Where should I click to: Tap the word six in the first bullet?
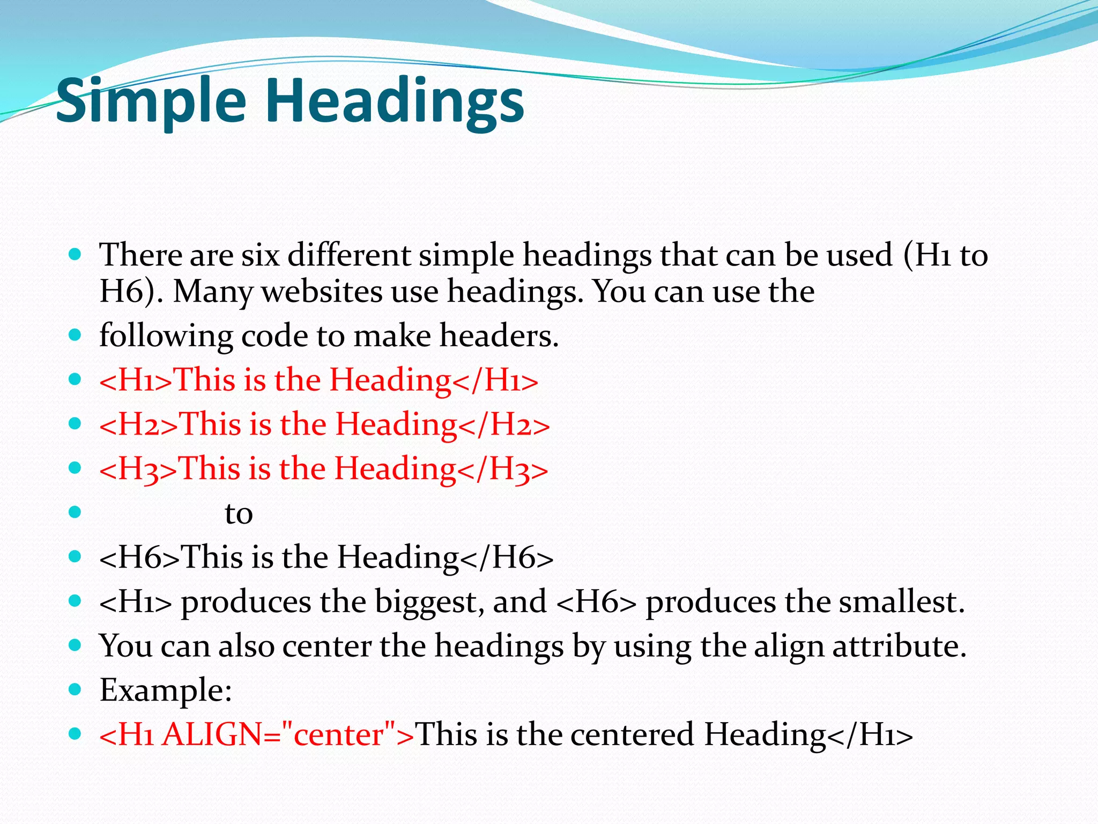(x=261, y=255)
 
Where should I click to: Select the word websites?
(x=321, y=292)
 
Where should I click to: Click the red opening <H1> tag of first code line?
(x=136, y=380)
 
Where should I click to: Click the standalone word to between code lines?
(x=239, y=513)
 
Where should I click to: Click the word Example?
(x=166, y=690)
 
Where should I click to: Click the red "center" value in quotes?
(x=337, y=734)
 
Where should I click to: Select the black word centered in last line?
(x=632, y=734)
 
